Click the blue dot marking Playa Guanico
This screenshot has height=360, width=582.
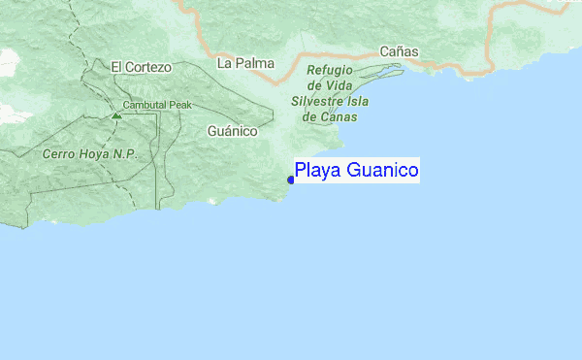(x=291, y=178)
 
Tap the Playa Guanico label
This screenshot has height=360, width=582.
(x=357, y=172)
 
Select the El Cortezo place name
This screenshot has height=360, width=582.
(x=141, y=67)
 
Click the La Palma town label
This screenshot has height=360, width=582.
(x=245, y=63)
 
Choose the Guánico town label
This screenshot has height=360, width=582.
(x=232, y=130)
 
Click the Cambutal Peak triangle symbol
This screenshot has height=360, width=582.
(x=116, y=115)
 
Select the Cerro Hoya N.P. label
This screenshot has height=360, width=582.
(x=90, y=154)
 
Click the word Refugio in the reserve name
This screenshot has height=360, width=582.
(x=330, y=71)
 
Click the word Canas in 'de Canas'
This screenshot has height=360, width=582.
(x=339, y=116)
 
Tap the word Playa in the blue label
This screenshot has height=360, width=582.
(x=314, y=172)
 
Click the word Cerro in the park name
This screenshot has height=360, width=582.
(x=60, y=154)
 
